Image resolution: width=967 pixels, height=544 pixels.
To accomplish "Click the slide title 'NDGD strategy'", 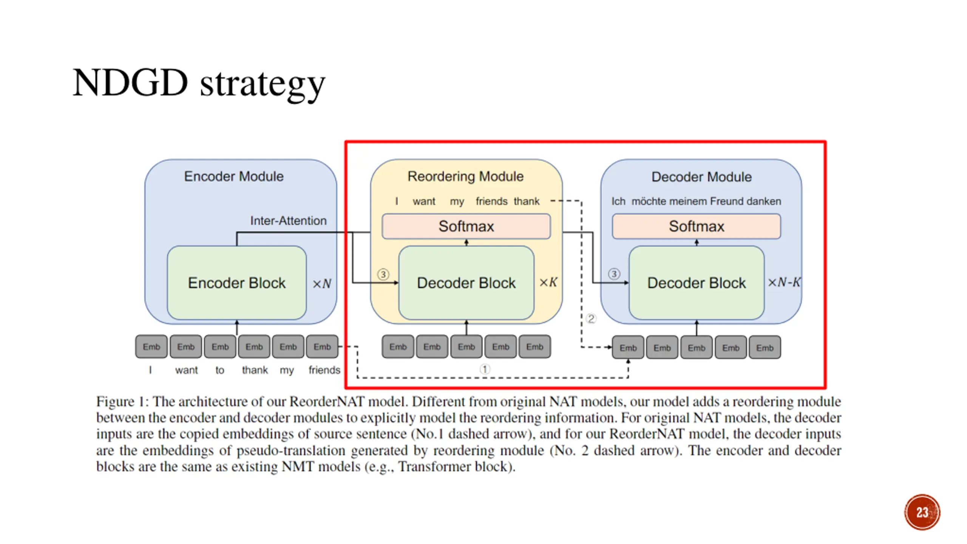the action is pos(199,84).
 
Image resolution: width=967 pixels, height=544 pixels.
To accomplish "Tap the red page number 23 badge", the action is pos(922,512).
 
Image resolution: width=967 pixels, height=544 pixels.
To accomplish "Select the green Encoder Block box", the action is pos(236,283).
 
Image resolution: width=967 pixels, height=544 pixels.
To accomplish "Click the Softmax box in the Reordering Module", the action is pos(466,226).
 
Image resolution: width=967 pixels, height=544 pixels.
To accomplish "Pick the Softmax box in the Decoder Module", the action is pos(696,226).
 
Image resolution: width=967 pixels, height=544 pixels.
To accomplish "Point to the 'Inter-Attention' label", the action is pos(288,221).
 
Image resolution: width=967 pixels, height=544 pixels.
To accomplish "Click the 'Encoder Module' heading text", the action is pos(234,176).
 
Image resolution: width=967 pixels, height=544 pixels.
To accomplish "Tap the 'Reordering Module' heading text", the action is pos(465,176).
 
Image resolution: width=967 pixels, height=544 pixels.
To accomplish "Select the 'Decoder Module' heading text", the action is pos(701,177).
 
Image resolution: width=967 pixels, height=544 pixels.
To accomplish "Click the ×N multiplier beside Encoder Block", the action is pos(322,284).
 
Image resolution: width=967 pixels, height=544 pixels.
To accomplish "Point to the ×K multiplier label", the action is pos(548,282).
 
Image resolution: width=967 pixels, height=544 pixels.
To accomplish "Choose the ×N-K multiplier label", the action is pos(784,282).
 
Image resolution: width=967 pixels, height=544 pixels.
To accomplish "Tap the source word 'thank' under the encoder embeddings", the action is pos(255,370).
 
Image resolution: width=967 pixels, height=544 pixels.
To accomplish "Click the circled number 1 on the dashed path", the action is pos(485,369).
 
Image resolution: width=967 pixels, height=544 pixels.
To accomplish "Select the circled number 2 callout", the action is pos(591,318).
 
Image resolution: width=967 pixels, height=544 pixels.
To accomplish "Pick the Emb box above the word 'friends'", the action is pos(322,346).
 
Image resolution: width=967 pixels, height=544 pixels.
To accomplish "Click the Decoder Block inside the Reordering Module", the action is pos(466,283).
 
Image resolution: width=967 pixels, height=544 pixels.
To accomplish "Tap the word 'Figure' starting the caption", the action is pos(116,402).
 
